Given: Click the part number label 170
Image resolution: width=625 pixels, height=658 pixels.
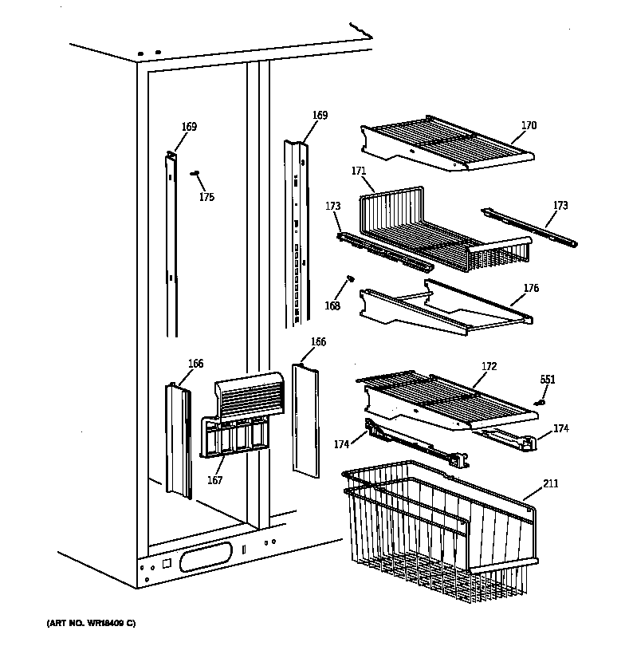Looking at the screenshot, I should [529, 125].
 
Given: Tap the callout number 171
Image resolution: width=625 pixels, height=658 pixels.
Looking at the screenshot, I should [358, 171].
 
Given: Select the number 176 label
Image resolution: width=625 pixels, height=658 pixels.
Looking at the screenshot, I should [531, 288].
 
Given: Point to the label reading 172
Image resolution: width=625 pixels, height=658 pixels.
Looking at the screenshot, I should [489, 366].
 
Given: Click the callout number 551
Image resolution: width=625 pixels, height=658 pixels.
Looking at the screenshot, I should [547, 380].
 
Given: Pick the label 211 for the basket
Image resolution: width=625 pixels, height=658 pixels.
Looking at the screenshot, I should [551, 483].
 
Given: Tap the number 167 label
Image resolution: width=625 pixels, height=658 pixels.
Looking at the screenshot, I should [214, 480].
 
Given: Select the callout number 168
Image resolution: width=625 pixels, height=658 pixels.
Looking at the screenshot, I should [332, 306].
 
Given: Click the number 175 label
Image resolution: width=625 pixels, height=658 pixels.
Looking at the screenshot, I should [206, 197].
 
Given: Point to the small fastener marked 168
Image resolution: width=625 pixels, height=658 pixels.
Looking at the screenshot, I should [349, 278].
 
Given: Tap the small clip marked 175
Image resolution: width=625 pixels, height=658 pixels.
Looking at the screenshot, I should [194, 173].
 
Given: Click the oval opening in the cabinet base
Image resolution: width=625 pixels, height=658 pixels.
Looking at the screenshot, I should [209, 557].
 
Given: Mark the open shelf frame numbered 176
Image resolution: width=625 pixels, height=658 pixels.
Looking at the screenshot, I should [442, 307].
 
